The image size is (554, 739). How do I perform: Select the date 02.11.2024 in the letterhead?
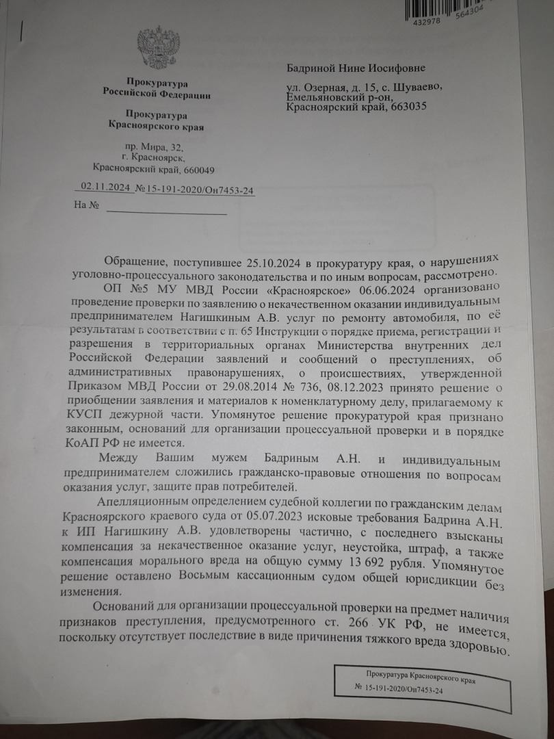point(105,186)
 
